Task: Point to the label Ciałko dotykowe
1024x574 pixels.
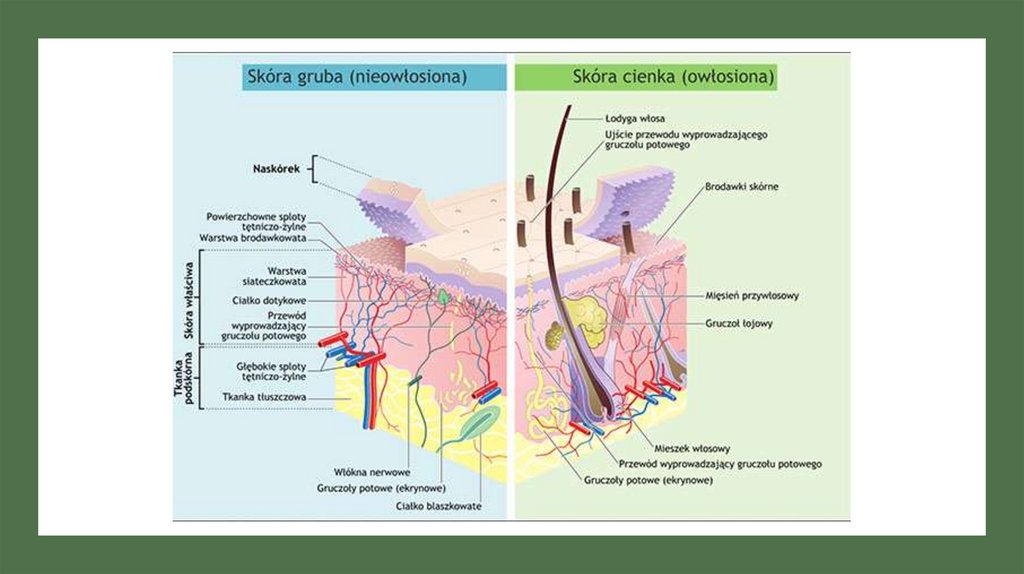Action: pyautogui.click(x=274, y=300)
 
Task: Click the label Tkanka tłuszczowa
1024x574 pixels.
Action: pyautogui.click(x=265, y=397)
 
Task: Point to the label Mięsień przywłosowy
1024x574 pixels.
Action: pyautogui.click(x=751, y=295)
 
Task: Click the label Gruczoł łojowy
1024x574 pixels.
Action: pyautogui.click(x=738, y=324)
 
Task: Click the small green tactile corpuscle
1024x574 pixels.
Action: pyautogui.click(x=442, y=297)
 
